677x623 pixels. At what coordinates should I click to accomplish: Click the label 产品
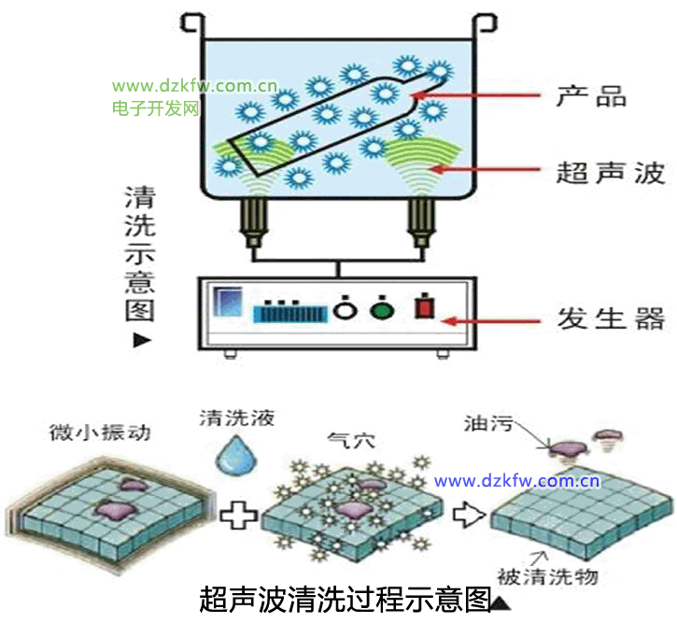pos(590,95)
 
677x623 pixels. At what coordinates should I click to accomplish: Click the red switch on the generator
pos(426,309)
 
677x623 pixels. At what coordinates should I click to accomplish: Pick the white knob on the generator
pos(345,309)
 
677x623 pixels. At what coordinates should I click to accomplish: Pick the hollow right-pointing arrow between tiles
pos(467,513)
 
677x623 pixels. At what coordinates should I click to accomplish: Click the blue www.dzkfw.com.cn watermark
pos(516,482)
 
